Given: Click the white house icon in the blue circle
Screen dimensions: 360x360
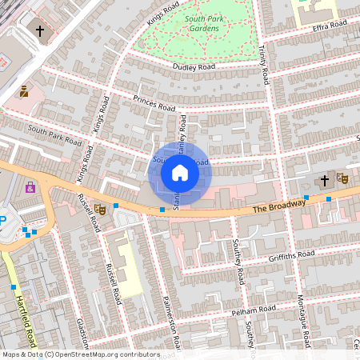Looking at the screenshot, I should click(180, 173).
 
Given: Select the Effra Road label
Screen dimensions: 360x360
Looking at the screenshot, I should click(331, 26).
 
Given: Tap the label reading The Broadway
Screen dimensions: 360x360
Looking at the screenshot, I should click(279, 206).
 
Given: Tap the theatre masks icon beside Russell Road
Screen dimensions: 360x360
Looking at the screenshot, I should click(99, 209).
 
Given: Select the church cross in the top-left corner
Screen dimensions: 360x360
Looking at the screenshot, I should click(40, 30).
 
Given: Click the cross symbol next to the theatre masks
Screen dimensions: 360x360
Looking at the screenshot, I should click(325, 181).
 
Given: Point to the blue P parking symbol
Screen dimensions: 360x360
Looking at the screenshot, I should click(2, 221).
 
